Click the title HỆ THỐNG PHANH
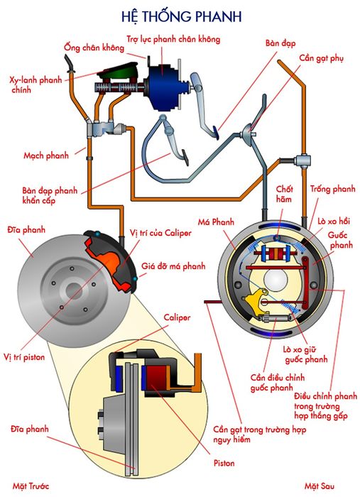pyautogui.click(x=181, y=16)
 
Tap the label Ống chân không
pyautogui.click(x=94, y=48)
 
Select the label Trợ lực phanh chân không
pyautogui.click(x=173, y=39)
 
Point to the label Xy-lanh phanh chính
pyautogui.click(x=36, y=84)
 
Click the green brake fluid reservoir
pyautogui.click(x=118, y=72)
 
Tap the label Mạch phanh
pyautogui.click(x=46, y=155)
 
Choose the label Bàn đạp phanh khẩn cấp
pyautogui.click(x=50, y=195)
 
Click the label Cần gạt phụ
pyautogui.click(x=321, y=58)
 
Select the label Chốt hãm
pyautogui.click(x=283, y=194)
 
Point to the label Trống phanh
pyautogui.click(x=333, y=190)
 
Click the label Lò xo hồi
pyautogui.click(x=334, y=221)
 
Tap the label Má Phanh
pyautogui.click(x=216, y=222)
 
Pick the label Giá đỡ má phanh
pyautogui.click(x=173, y=266)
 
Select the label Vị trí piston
pyautogui.click(x=24, y=357)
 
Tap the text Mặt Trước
pyautogui.click(x=31, y=486)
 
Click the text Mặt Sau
pyautogui.click(x=320, y=486)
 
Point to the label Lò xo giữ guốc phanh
pyautogui.click(x=305, y=354)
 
